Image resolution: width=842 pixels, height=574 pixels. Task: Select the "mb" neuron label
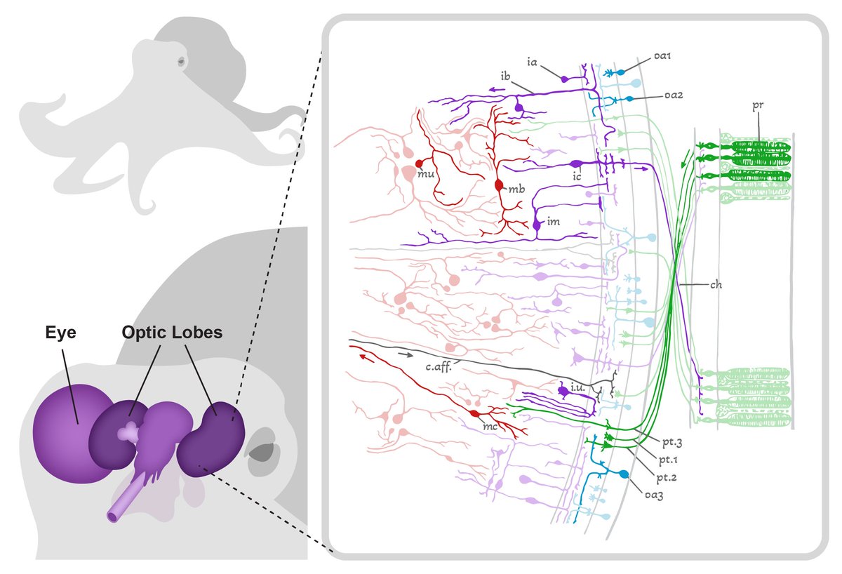(x=517, y=189)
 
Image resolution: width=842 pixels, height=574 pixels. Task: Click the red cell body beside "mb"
(x=500, y=186)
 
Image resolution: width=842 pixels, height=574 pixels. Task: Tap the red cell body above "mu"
(x=420, y=163)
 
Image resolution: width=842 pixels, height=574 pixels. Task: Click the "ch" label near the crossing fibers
(x=716, y=285)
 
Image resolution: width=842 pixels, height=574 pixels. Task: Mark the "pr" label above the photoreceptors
(x=757, y=105)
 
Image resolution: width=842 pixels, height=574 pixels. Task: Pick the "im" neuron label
(x=553, y=221)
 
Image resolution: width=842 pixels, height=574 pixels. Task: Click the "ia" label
(x=533, y=62)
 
